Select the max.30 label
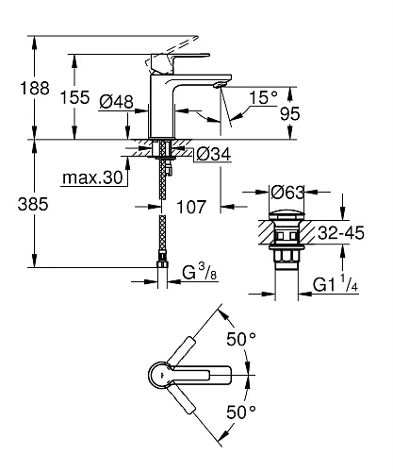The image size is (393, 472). pyautogui.click(x=91, y=176)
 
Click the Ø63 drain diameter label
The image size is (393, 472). pyautogui.click(x=285, y=193)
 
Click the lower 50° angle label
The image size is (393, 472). pyautogui.click(x=241, y=412)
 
